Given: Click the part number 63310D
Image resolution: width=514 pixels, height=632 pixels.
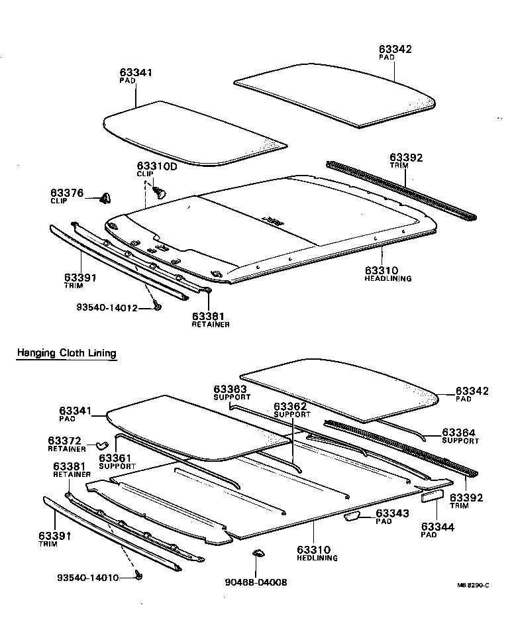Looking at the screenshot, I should click(157, 166).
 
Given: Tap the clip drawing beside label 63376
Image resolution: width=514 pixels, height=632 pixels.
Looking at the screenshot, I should click(105, 197).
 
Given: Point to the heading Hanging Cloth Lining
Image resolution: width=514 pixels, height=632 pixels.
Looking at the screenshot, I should click(66, 353).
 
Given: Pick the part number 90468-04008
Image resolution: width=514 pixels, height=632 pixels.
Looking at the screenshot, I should click(256, 583).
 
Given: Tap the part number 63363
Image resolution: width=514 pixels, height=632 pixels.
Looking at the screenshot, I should click(230, 389).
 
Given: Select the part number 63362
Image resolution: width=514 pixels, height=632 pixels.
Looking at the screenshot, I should click(291, 406).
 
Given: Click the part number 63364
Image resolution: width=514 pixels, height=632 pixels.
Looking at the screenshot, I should click(460, 432).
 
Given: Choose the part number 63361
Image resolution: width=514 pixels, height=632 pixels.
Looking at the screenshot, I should click(116, 458).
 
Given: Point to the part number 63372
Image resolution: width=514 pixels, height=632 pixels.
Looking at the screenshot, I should click(65, 441).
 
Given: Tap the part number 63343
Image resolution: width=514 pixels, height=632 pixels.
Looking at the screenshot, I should click(393, 513).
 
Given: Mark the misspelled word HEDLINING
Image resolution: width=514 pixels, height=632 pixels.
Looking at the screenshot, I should click(318, 558).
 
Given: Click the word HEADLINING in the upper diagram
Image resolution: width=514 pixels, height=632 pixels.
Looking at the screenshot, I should click(387, 279).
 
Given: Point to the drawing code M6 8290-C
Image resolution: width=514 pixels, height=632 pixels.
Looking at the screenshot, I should click(473, 585).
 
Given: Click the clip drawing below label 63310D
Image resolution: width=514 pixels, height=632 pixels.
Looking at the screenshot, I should click(159, 192).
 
